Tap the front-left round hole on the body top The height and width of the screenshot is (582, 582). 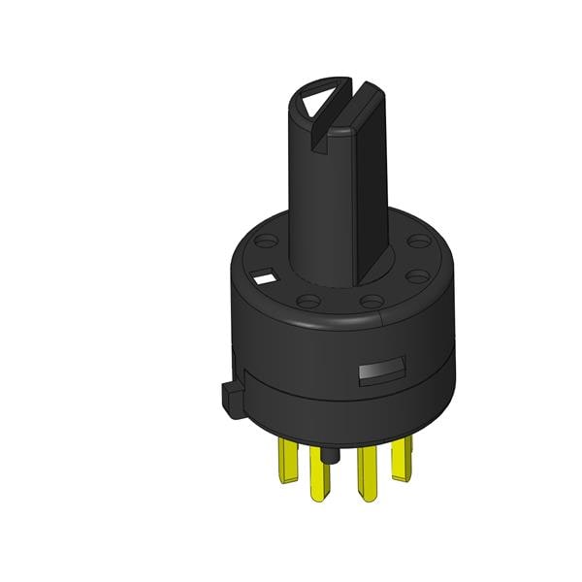(307, 302)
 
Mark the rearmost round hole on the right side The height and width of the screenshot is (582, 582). (417, 241)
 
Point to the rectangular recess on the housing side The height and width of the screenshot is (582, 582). (379, 371)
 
